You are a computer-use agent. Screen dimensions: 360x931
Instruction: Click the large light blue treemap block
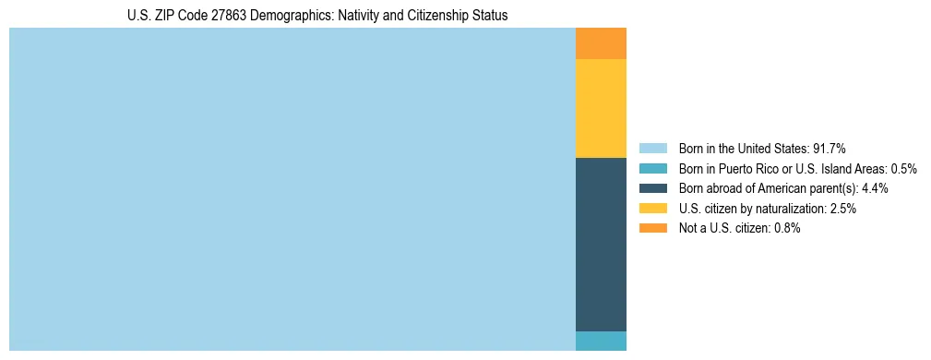point(292,189)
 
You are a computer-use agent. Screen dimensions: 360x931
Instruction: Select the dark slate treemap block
point(601,245)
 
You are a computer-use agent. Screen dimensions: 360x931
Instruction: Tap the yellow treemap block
point(601,108)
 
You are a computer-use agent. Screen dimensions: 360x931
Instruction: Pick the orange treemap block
point(601,43)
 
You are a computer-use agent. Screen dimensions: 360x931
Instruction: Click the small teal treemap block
point(601,341)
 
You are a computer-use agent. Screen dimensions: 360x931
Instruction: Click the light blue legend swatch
point(652,149)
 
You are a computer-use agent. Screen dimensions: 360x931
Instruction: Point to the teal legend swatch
point(652,169)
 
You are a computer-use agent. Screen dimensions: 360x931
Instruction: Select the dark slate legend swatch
point(652,188)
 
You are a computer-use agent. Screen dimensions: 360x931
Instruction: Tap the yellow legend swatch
point(652,209)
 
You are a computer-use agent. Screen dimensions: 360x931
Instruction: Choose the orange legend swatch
point(652,228)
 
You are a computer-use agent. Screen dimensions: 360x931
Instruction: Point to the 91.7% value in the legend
point(830,149)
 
